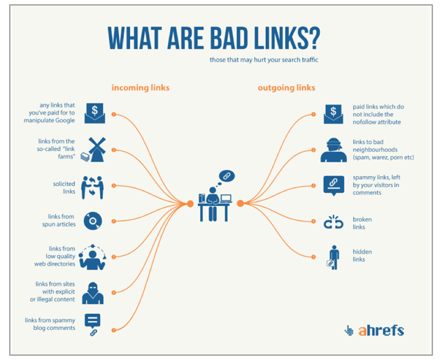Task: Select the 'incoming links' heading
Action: point(141,87)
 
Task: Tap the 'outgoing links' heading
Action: point(286,88)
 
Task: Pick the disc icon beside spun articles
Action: point(92,221)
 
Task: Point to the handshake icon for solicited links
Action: point(92,187)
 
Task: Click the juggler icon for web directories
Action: point(92,257)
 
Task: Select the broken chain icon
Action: point(334,222)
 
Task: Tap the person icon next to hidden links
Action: point(334,257)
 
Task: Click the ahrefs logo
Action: point(374,331)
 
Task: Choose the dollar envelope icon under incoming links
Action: point(95,113)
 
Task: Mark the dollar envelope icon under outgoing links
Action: point(334,114)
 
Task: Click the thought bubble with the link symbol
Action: point(227,176)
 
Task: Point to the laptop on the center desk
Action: point(226,199)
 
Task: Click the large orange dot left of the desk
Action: point(190,203)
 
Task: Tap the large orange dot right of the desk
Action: point(240,203)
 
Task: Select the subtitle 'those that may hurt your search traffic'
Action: point(264,60)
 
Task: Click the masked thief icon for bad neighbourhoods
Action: point(334,150)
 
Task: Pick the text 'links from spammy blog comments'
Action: point(50,324)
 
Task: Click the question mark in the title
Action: point(313,38)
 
